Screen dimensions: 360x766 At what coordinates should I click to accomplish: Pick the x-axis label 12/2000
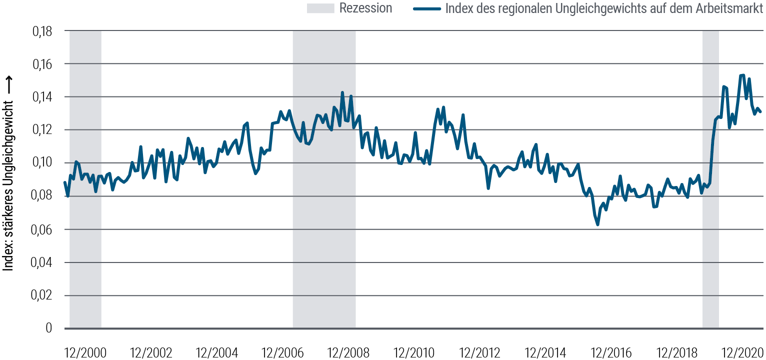point(85,352)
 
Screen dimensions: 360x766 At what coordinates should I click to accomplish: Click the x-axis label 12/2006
point(283,352)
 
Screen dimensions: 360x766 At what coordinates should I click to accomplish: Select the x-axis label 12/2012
point(480,352)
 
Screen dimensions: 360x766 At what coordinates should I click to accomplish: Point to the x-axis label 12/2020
point(743,352)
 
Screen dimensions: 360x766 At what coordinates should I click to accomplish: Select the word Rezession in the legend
point(365,8)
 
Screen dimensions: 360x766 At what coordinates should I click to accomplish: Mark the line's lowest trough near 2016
point(597,225)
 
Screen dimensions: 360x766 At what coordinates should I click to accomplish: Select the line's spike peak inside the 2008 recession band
point(342,92)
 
